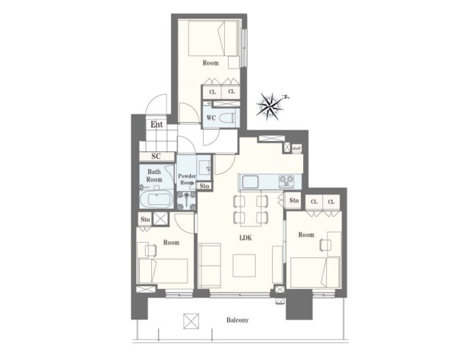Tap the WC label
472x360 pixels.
pyautogui.click(x=211, y=118)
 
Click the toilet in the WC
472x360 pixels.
pyautogui.click(x=228, y=118)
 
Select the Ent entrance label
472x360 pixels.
pyautogui.click(x=157, y=125)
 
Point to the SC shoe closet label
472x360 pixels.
pyautogui.click(x=156, y=156)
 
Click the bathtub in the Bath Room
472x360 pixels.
pyautogui.click(x=156, y=199)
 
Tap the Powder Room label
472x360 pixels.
pyautogui.click(x=187, y=179)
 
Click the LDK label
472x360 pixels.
pyautogui.click(x=246, y=238)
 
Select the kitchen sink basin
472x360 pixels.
pyautogui.click(x=250, y=181)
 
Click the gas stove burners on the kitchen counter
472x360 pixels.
pyautogui.click(x=286, y=181)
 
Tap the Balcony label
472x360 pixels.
pyautogui.click(x=237, y=320)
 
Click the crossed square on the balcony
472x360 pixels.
pyautogui.click(x=191, y=321)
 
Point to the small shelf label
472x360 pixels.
pyautogui.click(x=296, y=148)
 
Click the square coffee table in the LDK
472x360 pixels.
pyautogui.click(x=244, y=265)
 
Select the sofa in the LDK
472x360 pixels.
pyautogui.click(x=209, y=265)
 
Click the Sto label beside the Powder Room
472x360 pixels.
pyautogui.click(x=204, y=187)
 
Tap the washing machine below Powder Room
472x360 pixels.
pyautogui.click(x=186, y=201)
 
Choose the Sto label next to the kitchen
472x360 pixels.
pyautogui.click(x=294, y=201)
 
